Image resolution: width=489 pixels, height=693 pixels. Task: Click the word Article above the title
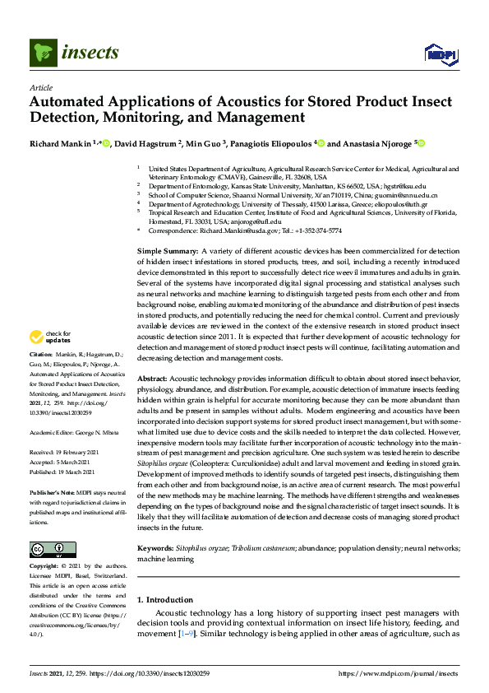pos(40,87)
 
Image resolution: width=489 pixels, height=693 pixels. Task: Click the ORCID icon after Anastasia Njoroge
pos(422,142)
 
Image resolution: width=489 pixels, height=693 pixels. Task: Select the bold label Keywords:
pos(155,547)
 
